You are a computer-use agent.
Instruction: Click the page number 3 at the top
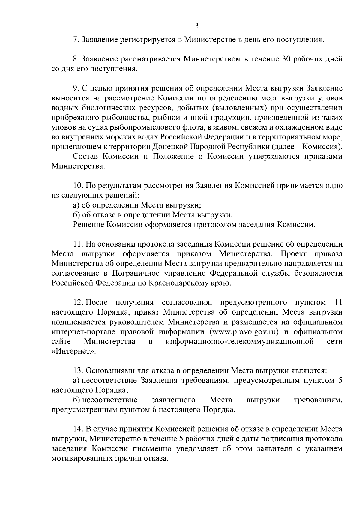pos(197,25)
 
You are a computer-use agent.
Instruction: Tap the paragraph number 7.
pos(76,40)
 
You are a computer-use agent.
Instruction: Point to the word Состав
pos(85,157)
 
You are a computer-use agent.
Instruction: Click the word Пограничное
pos(137,273)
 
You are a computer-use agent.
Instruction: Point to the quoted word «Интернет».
pos(73,352)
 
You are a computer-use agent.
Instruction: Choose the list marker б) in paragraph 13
pos(76,400)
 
